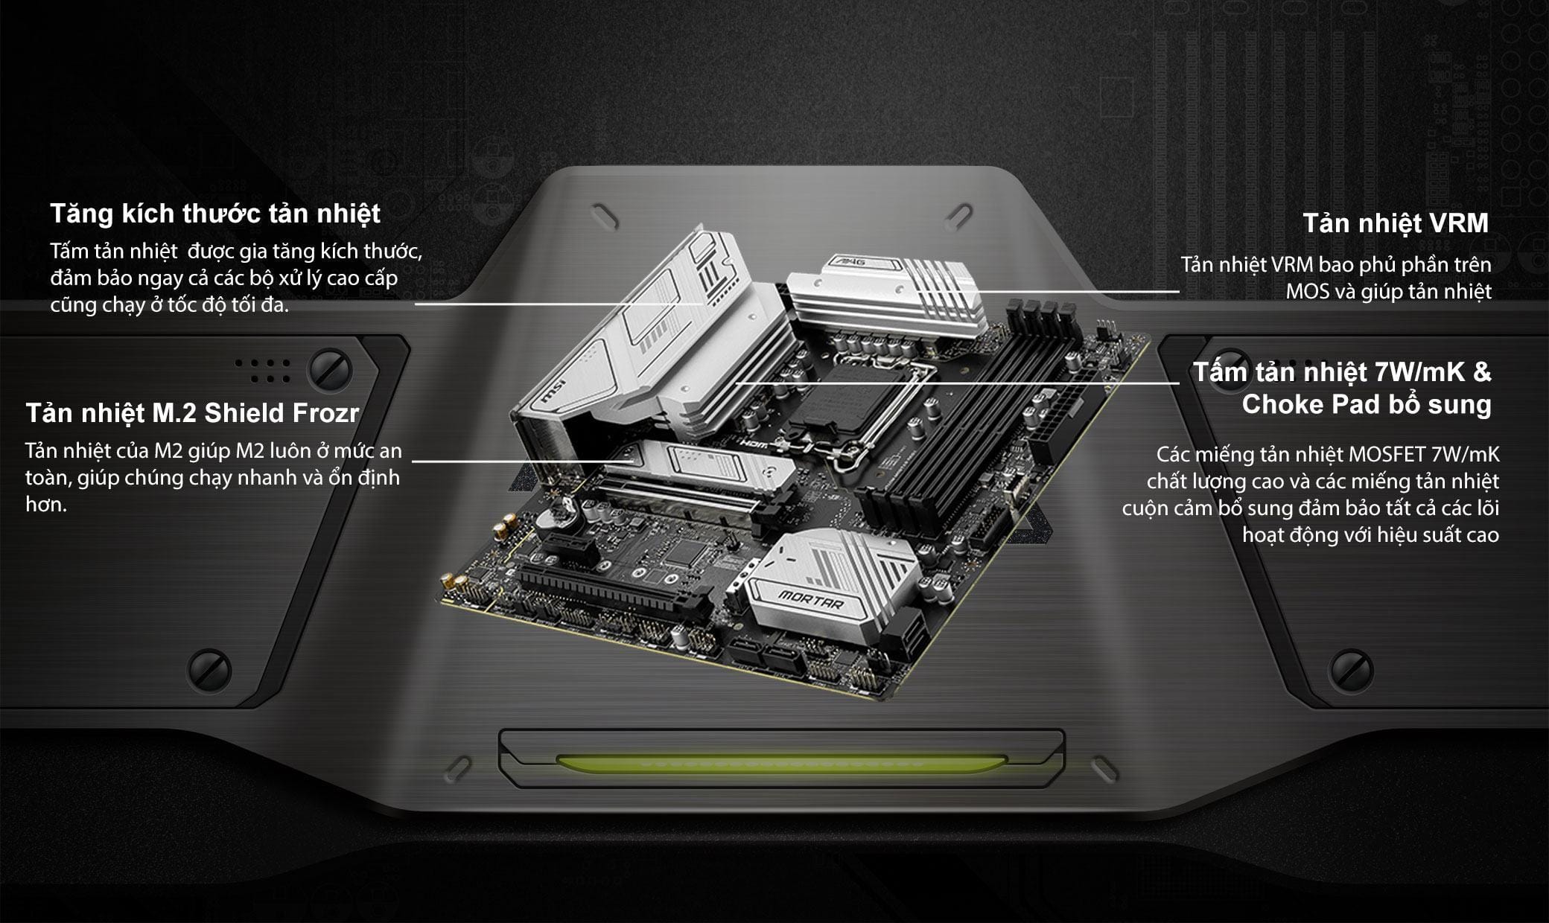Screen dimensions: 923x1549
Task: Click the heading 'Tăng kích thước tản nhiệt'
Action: (215, 214)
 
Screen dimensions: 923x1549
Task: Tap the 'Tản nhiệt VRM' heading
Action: (1395, 223)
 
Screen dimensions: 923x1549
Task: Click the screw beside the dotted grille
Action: (330, 368)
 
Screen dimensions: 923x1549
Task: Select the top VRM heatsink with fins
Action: (886, 298)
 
